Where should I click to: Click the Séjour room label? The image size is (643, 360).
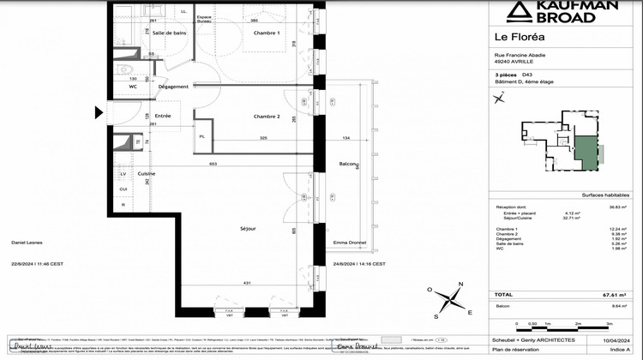249,229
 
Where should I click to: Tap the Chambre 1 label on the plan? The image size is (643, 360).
266,33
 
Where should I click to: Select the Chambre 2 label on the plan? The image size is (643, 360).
267,116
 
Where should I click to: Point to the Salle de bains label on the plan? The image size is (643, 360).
170,33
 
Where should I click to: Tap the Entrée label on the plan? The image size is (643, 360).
162,116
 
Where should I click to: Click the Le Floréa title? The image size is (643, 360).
520,36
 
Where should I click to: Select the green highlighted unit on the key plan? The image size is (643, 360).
585,157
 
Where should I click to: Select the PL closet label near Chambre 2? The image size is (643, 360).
202,136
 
